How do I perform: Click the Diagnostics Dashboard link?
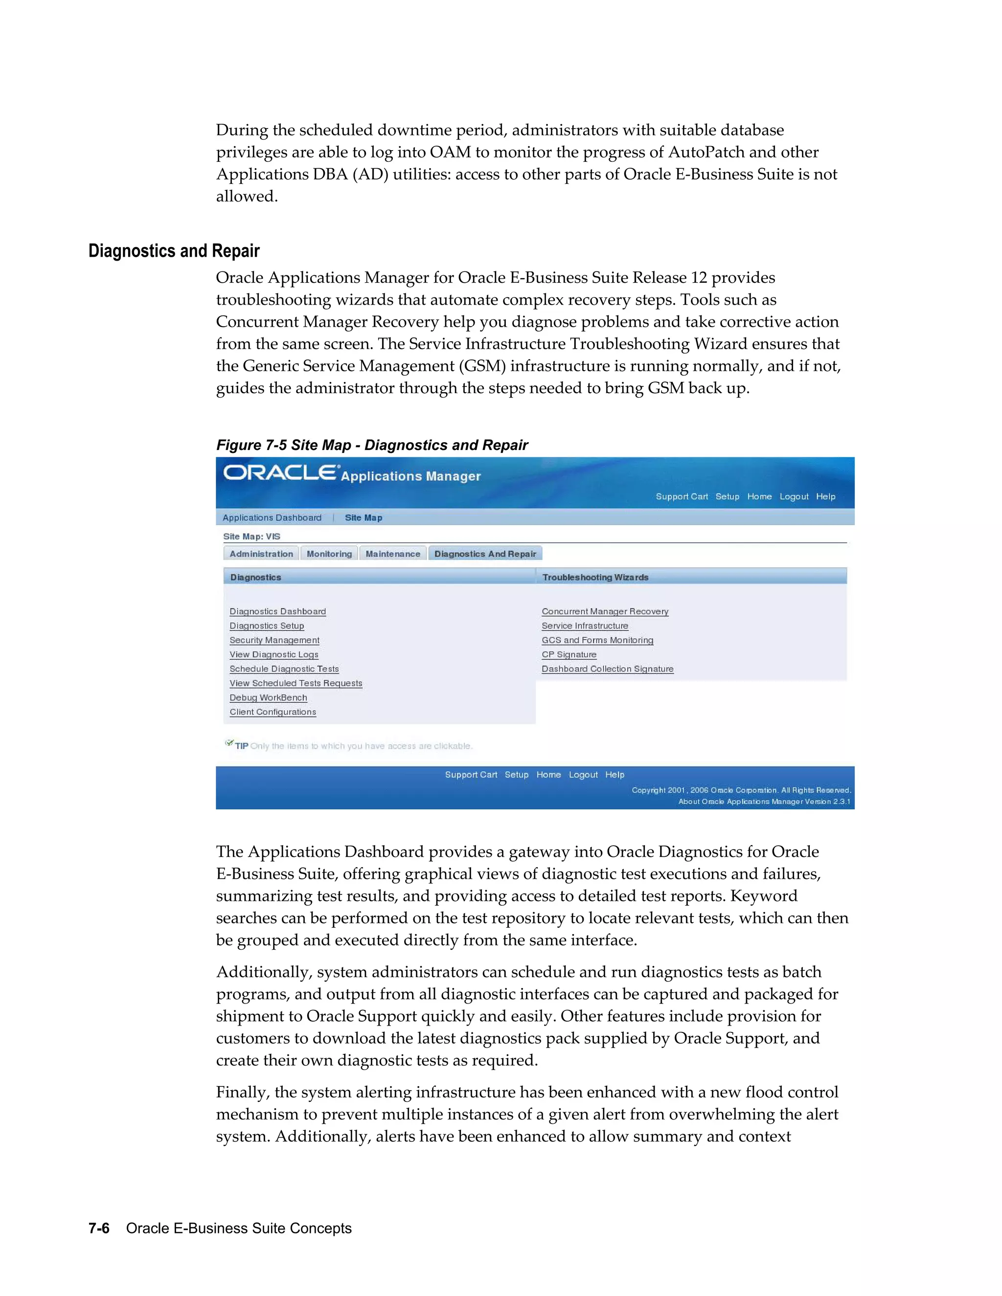[277, 611]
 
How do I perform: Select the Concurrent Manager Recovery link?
[604, 611]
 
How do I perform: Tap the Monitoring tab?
[329, 554]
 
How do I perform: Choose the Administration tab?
[261, 554]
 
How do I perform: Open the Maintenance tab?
[392, 554]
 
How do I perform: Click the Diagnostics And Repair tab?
[484, 554]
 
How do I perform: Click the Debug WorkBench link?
[268, 697]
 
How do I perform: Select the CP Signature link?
[569, 654]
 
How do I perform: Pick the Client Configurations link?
[273, 712]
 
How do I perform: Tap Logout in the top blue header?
[794, 497]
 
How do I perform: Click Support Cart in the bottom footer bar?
[471, 774]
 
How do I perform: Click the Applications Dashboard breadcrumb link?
[272, 517]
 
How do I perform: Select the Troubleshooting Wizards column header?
[595, 578]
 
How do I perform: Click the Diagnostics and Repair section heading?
[174, 251]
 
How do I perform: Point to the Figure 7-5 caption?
[372, 445]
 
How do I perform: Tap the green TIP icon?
[229, 743]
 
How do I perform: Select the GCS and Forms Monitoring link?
[597, 640]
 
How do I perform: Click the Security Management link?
[274, 640]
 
